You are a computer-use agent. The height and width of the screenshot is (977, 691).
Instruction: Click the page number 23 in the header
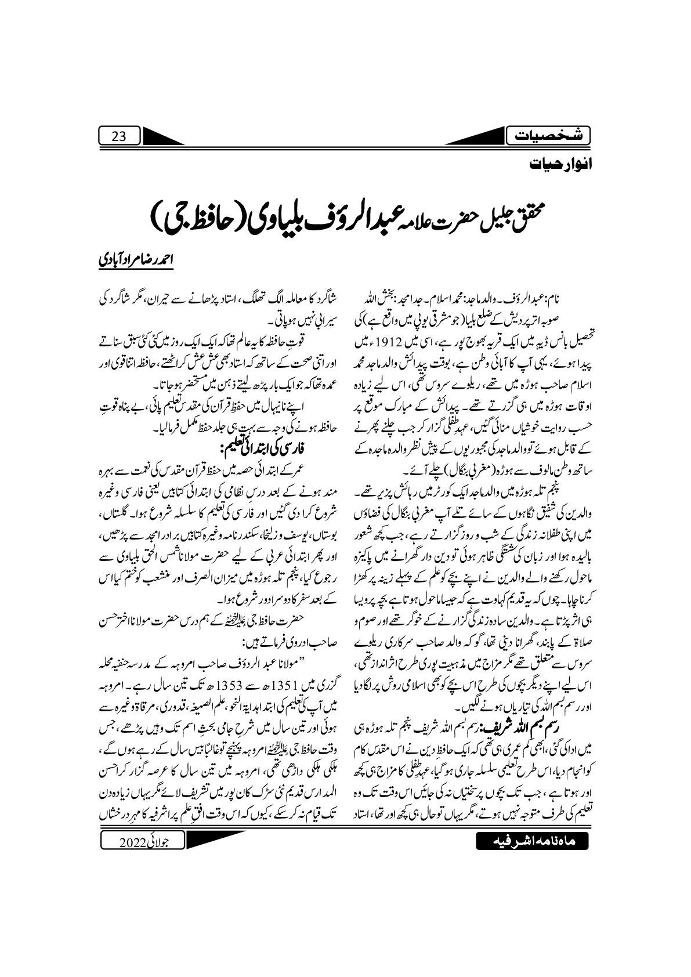point(118,137)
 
